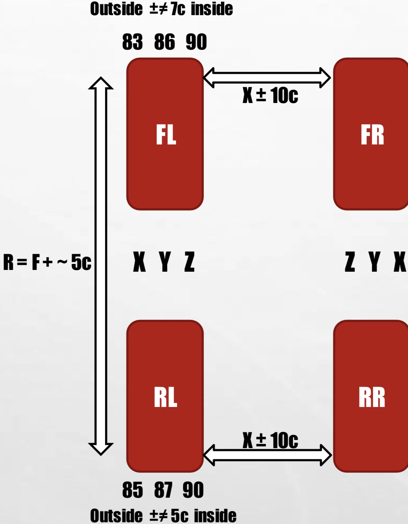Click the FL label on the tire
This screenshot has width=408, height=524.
pos(166,135)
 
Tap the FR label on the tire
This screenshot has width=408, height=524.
pos(372,135)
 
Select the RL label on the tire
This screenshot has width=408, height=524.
pos(165,397)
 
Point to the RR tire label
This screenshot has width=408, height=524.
pos(372,397)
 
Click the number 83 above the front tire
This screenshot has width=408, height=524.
pos(132,42)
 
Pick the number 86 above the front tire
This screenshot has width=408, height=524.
pos(164,42)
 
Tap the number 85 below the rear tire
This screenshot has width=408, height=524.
pos(132,490)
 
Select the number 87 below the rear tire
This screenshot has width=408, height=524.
pos(163,490)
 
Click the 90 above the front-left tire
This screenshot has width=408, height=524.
pos(196,42)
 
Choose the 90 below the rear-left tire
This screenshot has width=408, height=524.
pos(193,490)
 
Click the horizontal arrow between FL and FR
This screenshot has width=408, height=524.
pos(267,78)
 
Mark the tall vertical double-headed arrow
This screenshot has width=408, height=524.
pos(101,266)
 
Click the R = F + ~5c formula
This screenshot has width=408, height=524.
pos(47,262)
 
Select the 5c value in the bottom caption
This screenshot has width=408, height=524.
pos(179,516)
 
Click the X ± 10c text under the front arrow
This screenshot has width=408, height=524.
pos(270,95)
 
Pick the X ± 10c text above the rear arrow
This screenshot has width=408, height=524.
pos(270,440)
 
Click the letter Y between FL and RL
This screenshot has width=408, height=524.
pos(164,262)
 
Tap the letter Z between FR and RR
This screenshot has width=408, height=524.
pos(350,262)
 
